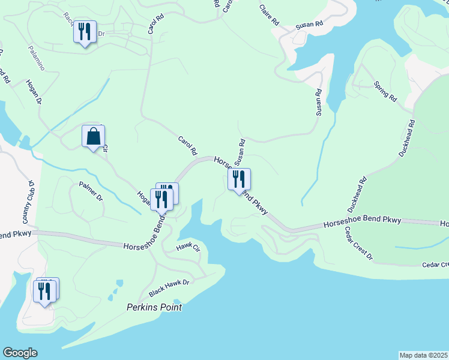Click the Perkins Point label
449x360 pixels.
[x=154, y=307]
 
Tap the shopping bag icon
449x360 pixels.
[x=94, y=136]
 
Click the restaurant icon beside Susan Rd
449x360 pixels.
[x=239, y=179]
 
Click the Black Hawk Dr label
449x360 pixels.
[x=169, y=289]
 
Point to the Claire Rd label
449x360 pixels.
[x=270, y=15]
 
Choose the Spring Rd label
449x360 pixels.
[x=385, y=91]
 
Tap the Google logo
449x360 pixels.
[x=20, y=353]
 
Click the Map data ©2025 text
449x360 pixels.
[x=423, y=355]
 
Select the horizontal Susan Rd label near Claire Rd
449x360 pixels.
[x=309, y=26]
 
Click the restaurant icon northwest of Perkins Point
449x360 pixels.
[x=46, y=292]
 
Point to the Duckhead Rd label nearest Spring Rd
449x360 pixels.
[x=407, y=139]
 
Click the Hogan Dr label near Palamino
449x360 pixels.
[x=34, y=93]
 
